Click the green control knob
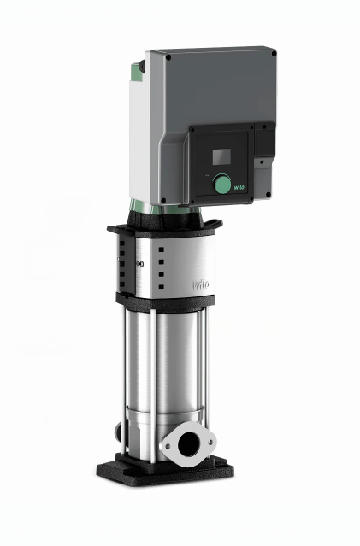(x=221, y=183)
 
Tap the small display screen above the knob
(x=221, y=156)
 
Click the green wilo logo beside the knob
(x=239, y=187)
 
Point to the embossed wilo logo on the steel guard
(x=201, y=285)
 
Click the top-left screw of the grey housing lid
(x=168, y=57)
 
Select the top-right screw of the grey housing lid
(x=274, y=54)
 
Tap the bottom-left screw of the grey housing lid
(x=163, y=200)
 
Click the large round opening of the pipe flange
(x=188, y=443)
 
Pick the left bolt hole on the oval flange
(x=168, y=446)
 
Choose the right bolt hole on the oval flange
(x=210, y=442)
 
